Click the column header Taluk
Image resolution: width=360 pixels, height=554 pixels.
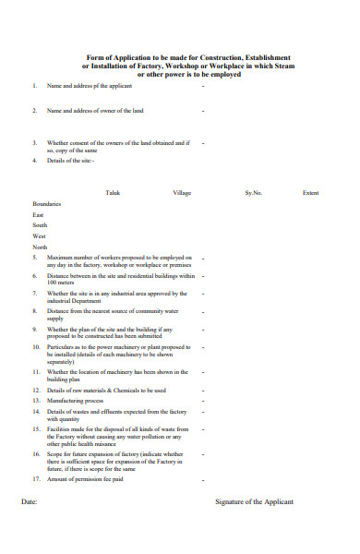113,193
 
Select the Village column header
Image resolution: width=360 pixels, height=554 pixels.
182,193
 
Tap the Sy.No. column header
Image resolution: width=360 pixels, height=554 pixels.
253,193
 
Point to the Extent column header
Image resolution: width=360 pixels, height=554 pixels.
311,193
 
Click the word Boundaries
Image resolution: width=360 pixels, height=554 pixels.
46,203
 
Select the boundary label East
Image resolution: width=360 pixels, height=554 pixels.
38,214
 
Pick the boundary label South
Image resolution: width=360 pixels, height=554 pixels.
40,225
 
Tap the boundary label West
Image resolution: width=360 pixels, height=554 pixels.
39,236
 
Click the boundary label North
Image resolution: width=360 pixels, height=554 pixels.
40,247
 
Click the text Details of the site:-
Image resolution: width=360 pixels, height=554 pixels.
67,161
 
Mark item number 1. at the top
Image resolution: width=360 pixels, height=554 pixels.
35,86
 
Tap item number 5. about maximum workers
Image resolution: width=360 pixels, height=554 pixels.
35,258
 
